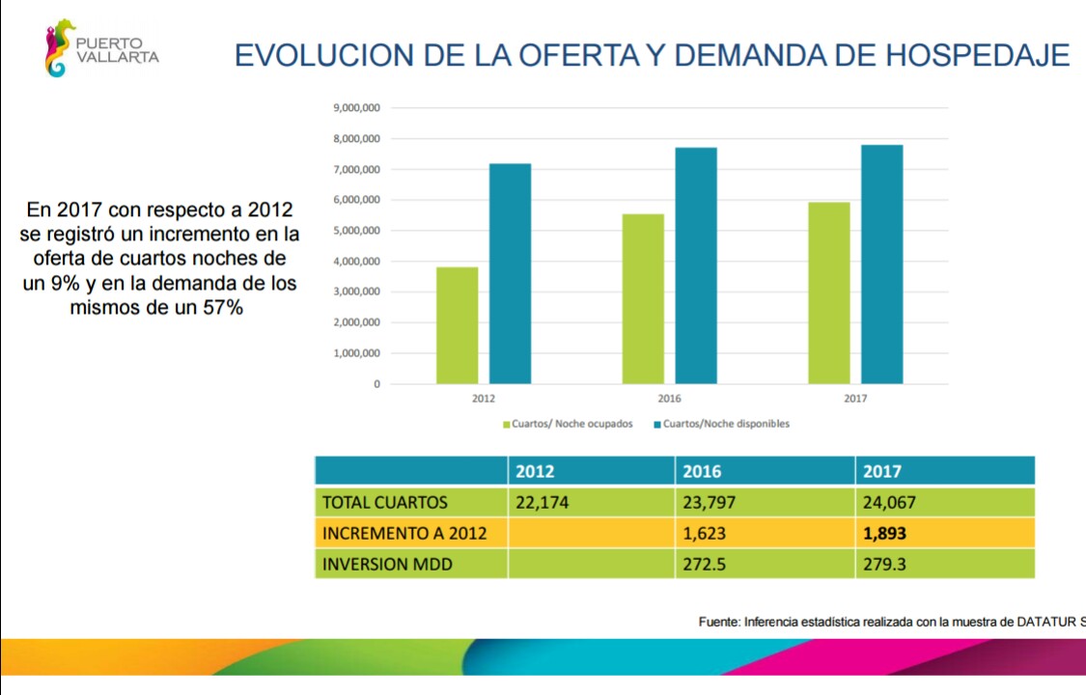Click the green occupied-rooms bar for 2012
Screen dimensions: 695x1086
pos(457,325)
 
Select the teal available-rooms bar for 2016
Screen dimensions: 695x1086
pos(696,265)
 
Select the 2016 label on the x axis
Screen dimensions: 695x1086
pos(669,399)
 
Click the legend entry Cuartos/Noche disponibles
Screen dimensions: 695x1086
pos(721,424)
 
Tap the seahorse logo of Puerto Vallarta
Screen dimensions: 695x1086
pos(59,48)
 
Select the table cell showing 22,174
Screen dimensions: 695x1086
pos(543,502)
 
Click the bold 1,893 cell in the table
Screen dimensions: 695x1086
pos(884,533)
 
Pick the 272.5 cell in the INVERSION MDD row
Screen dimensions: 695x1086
pos(705,564)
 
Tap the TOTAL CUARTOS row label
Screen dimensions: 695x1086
pos(385,502)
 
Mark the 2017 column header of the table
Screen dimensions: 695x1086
pos(882,471)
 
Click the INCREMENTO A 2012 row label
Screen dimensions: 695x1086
pos(404,533)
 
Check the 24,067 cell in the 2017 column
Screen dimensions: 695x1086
pos(889,502)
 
